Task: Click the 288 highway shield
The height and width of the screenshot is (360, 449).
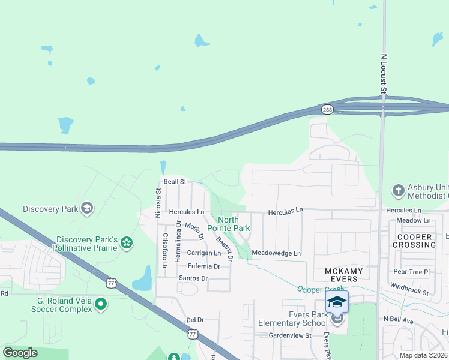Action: tap(327, 110)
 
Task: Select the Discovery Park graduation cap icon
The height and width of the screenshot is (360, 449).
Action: tap(87, 208)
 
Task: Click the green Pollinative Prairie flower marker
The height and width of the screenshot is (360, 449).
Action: tap(127, 242)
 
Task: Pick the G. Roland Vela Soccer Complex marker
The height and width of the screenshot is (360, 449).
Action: tap(101, 304)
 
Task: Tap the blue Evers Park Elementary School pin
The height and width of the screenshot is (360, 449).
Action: tap(337, 302)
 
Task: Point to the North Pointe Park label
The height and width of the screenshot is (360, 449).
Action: tap(229, 224)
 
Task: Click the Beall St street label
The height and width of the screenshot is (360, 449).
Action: tap(175, 181)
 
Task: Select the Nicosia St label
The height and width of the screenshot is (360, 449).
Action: tap(159, 200)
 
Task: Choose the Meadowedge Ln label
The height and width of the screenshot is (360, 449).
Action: tap(276, 253)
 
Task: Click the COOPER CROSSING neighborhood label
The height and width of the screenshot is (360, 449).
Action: tap(414, 241)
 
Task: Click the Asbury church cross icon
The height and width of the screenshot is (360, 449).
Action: tap(397, 191)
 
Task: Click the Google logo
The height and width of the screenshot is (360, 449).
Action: tap(20, 353)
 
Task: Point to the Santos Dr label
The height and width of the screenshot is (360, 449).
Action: tap(193, 278)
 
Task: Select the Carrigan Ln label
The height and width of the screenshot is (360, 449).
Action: tap(204, 254)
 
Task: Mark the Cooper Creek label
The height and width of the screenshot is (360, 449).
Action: tap(321, 289)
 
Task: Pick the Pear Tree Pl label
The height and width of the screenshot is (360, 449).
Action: tap(412, 272)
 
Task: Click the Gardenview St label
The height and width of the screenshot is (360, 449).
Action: tap(290, 335)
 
